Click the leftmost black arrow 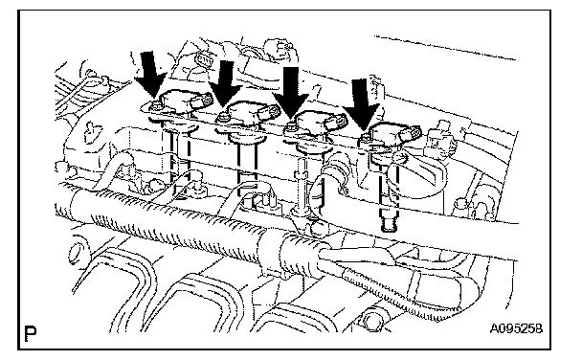[x=149, y=76]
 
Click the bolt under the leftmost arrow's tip [x=156, y=106]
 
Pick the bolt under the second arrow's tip [x=224, y=117]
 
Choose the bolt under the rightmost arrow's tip [x=365, y=138]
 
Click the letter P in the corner [x=30, y=333]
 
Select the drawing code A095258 [x=516, y=328]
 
